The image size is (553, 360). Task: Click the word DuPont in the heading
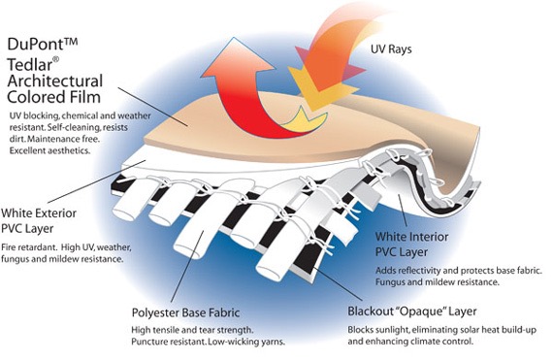39,45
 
